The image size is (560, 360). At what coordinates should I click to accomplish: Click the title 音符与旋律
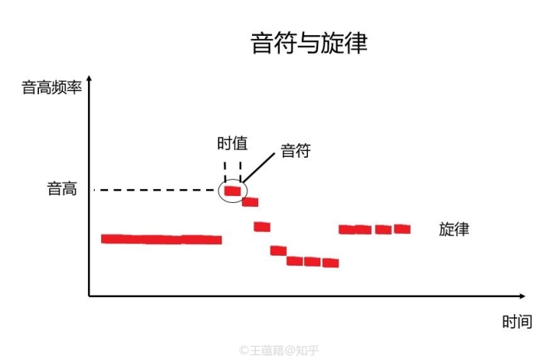[x=309, y=43]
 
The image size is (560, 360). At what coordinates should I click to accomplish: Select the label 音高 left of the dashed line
[x=62, y=189]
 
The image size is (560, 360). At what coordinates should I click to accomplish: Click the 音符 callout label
[x=296, y=151]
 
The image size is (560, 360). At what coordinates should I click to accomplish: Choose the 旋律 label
[x=453, y=229]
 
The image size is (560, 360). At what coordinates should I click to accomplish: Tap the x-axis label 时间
[x=516, y=321]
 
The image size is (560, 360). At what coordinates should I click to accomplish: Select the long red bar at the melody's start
[x=162, y=239]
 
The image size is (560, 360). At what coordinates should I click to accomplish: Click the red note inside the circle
[x=233, y=190]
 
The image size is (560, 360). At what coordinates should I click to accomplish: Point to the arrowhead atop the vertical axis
[x=89, y=79]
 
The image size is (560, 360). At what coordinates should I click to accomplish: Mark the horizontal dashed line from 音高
[x=156, y=190]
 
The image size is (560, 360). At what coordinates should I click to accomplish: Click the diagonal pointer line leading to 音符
[x=259, y=166]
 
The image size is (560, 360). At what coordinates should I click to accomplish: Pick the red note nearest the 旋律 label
[x=402, y=229]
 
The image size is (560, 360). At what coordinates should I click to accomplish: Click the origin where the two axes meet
[x=89, y=296]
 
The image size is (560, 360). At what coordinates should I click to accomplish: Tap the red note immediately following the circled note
[x=250, y=202]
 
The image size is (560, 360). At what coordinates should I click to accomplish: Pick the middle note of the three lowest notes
[x=313, y=262]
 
